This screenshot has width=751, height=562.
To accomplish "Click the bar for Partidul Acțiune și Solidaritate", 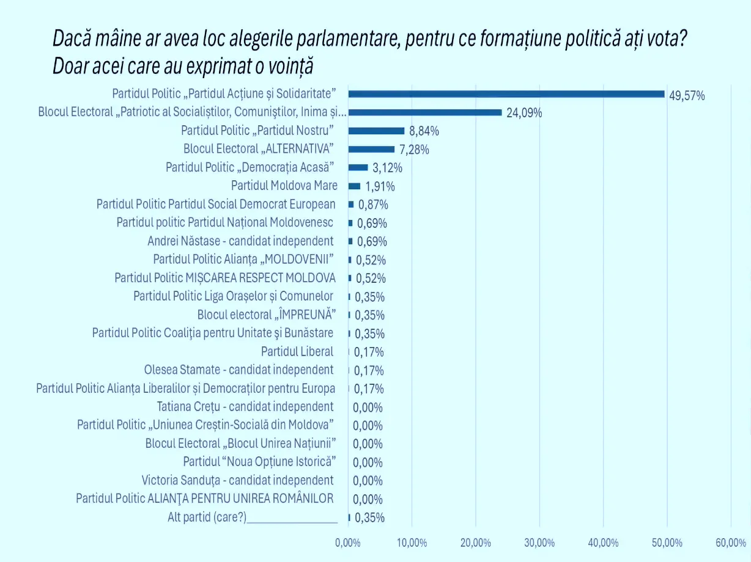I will click(x=506, y=94).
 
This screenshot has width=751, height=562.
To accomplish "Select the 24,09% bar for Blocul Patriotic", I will click(x=425, y=112).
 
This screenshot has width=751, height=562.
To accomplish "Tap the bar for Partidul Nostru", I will click(x=376, y=131).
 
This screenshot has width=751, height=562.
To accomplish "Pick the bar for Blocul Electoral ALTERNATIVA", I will click(x=371, y=149).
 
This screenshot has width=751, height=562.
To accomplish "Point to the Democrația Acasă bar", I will click(x=358, y=167).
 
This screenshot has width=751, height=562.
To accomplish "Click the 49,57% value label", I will click(x=687, y=95).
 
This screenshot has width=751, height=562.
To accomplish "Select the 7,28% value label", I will click(x=414, y=150).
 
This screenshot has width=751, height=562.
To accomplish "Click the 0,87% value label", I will click(x=373, y=205).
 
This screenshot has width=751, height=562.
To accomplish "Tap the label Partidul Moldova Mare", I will click(x=284, y=186).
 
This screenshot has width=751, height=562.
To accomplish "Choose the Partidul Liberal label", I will click(x=297, y=351).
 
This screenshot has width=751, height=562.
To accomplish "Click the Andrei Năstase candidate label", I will click(x=241, y=241).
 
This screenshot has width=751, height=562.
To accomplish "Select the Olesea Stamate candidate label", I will click(x=239, y=370).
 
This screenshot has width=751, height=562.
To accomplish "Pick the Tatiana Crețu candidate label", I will click(x=245, y=406).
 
